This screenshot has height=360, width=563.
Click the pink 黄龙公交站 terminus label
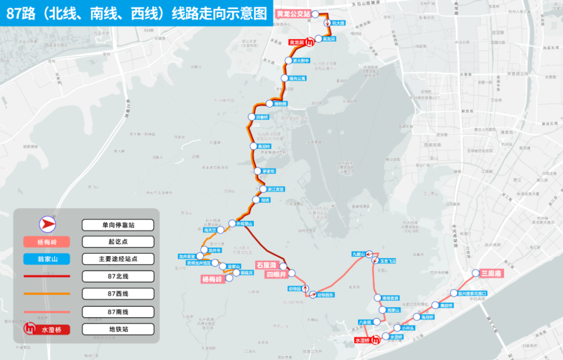click(294, 14)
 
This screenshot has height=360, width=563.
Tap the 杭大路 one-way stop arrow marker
click(327, 23)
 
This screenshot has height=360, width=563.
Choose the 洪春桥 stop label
click(262, 117)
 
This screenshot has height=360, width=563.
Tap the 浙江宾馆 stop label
click(272, 189)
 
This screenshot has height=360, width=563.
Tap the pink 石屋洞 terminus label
click(266, 265)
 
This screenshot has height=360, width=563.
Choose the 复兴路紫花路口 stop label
click(472, 293)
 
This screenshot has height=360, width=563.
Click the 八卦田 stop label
click(365, 322)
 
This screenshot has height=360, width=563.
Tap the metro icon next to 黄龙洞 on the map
click(310, 42)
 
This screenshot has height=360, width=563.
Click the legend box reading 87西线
click(118, 294)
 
